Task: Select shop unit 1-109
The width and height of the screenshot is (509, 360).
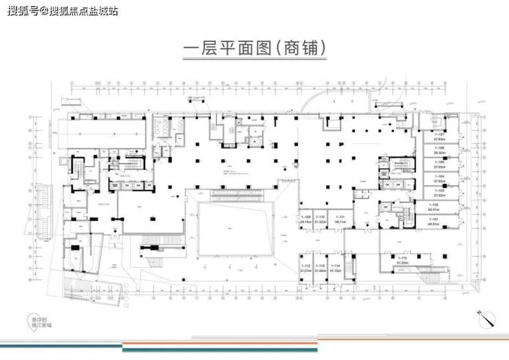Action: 305,220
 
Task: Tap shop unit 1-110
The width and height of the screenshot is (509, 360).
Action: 320,220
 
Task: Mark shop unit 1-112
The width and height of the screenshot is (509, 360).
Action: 305,268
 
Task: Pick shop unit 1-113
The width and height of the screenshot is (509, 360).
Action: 321,268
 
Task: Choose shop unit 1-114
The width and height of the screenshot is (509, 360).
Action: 336,268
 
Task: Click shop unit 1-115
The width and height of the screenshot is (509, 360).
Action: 404,260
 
